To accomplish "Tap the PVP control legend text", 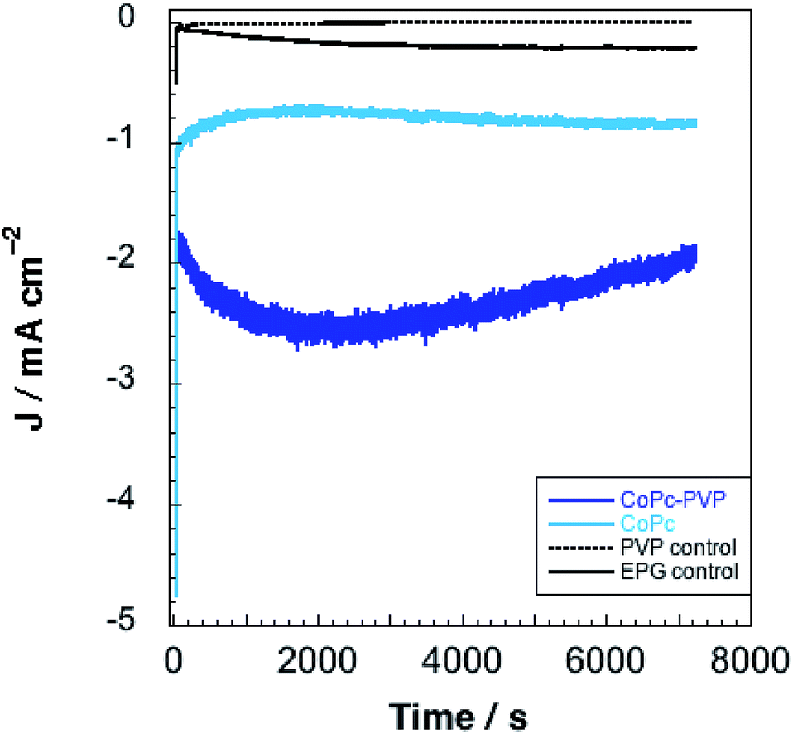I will [678, 548].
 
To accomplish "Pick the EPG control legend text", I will [678, 571].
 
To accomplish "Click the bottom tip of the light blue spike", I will [176, 596].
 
